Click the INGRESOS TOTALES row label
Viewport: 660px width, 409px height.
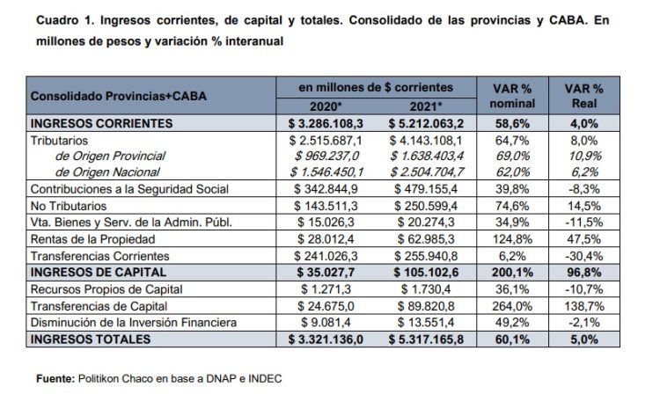point(84,340)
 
